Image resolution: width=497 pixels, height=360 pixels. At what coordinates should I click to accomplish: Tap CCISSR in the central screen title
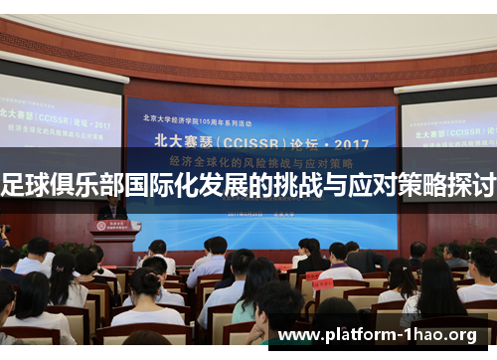pyautogui.click(x=262, y=137)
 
